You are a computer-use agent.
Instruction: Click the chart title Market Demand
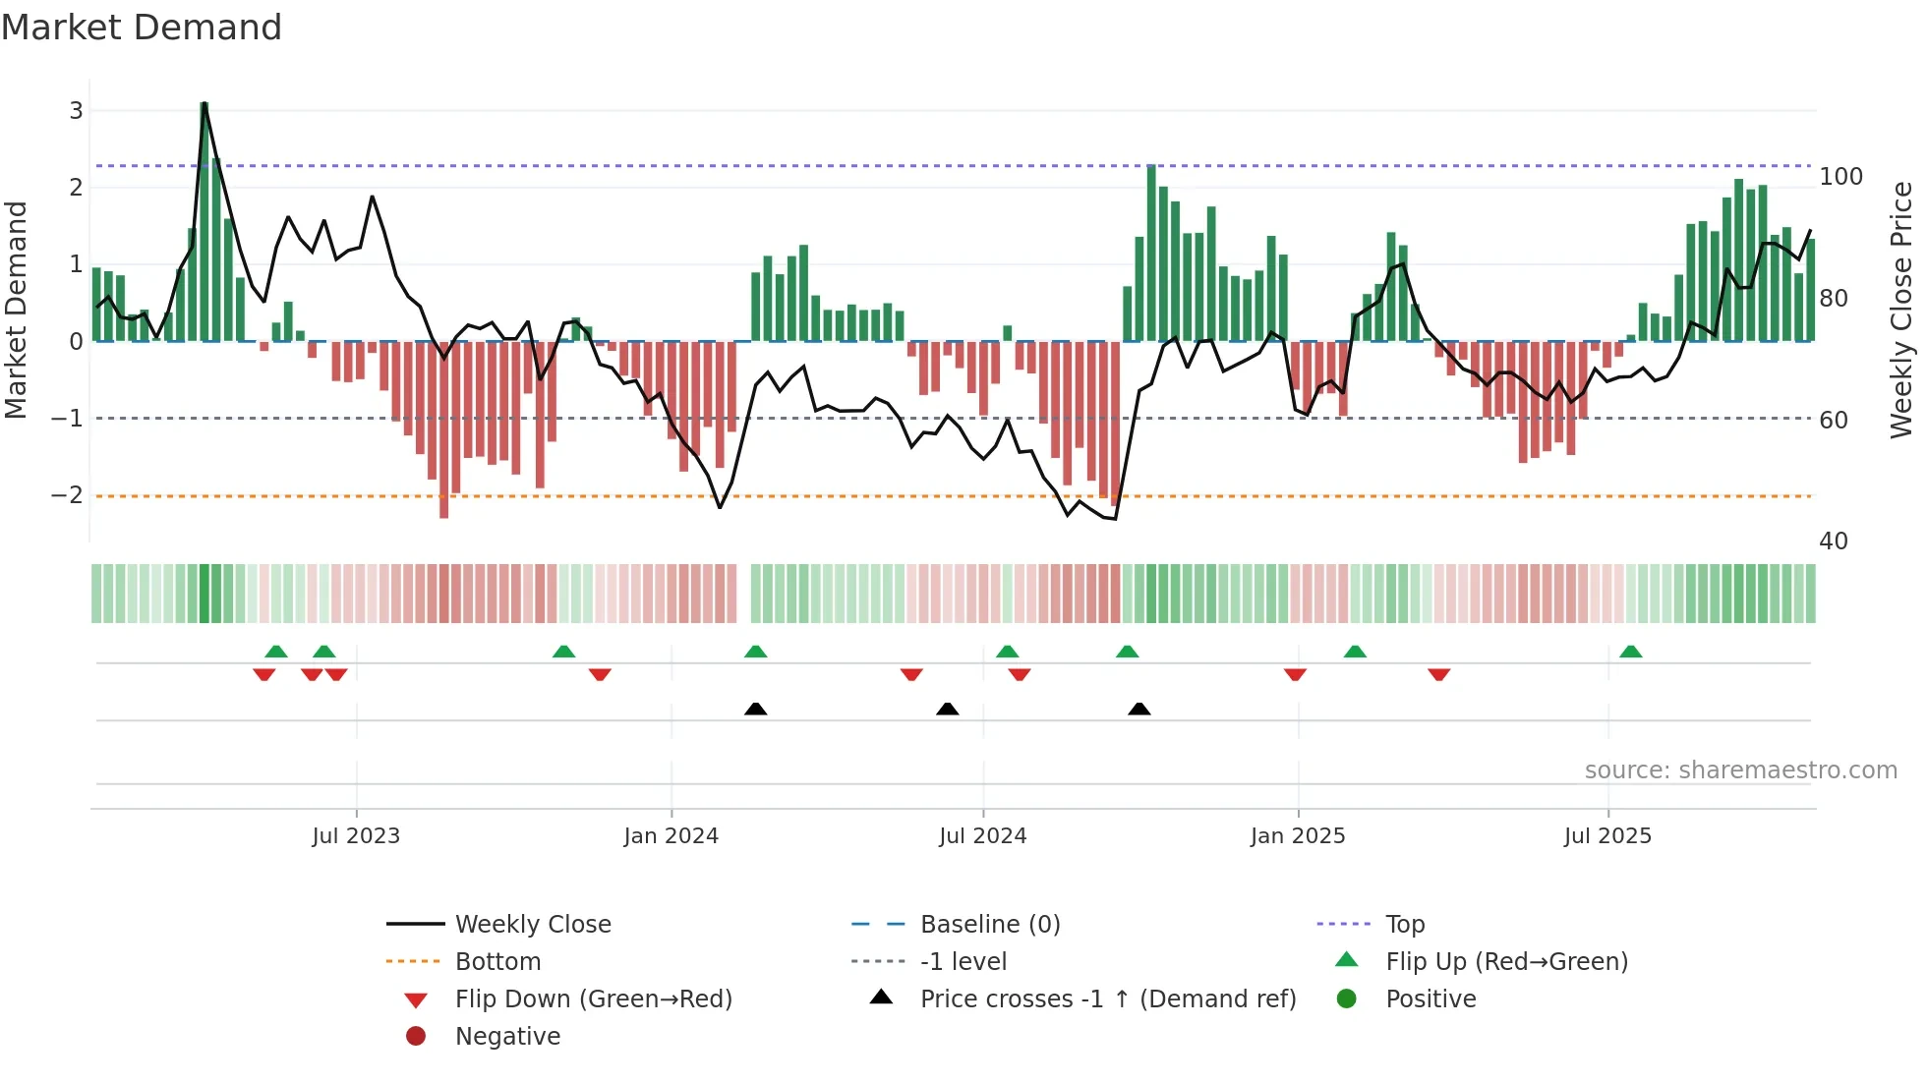[142, 28]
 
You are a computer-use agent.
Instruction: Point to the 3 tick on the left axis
[76, 111]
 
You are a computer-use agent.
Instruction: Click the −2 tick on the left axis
[68, 495]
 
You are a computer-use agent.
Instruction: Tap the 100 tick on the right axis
[1840, 177]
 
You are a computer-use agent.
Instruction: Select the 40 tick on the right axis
[1833, 541]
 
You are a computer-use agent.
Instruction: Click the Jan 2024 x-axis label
[671, 836]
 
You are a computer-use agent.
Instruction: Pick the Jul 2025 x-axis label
[1607, 836]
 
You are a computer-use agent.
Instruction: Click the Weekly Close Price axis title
[1901, 310]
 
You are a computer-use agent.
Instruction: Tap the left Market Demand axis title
[17, 310]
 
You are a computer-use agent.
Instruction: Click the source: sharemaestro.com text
[1740, 770]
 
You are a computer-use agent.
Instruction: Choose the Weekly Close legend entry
[532, 925]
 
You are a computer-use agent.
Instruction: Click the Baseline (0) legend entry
[989, 925]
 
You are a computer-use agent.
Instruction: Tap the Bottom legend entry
[497, 962]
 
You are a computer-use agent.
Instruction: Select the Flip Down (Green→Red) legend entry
[593, 999]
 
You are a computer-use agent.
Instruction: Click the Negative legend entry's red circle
[416, 1037]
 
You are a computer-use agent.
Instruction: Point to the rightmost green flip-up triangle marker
[1630, 652]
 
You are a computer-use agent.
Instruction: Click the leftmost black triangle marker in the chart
[755, 709]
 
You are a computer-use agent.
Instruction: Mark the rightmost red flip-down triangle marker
[1439, 674]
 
